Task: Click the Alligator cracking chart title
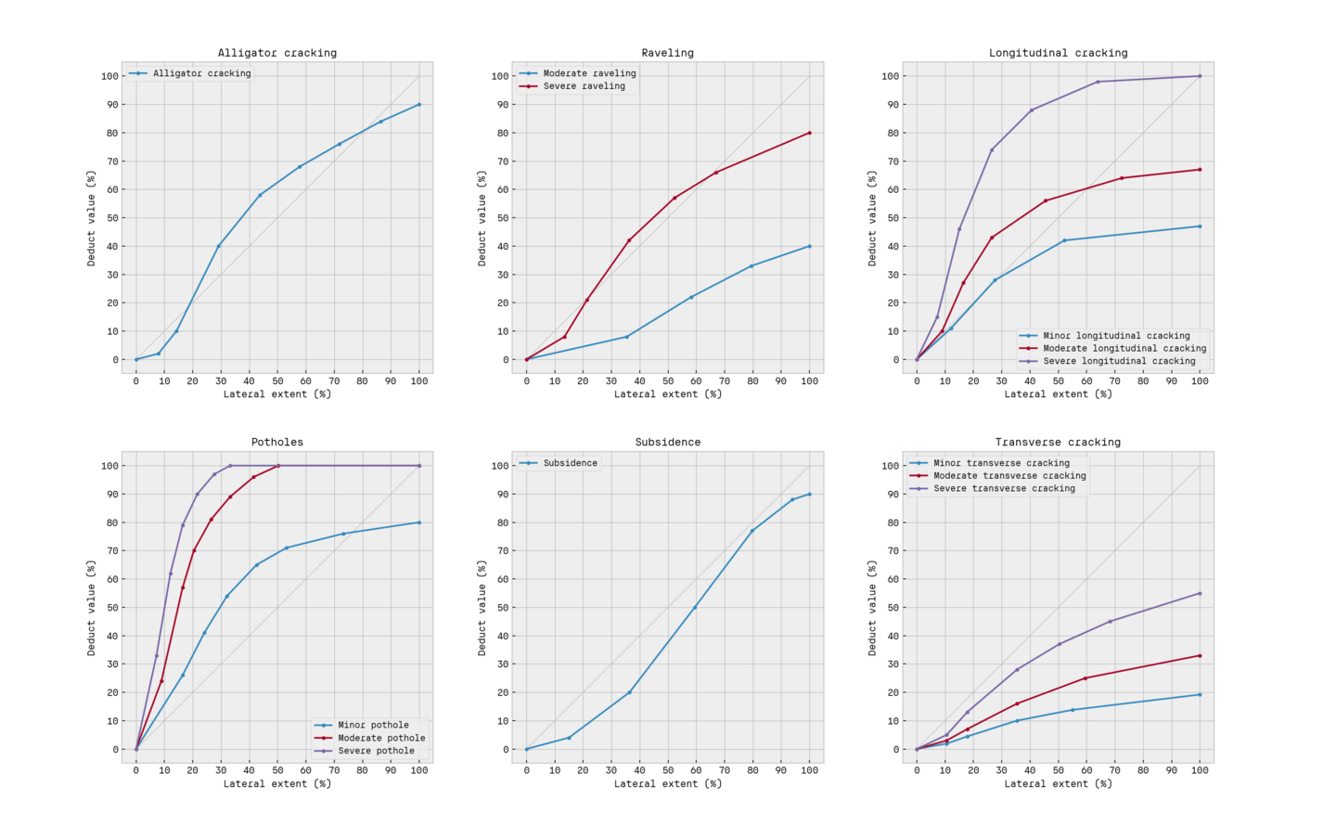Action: pyautogui.click(x=277, y=53)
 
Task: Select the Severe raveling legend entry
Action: pyautogui.click(x=584, y=86)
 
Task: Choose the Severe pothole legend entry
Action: pyautogui.click(x=376, y=751)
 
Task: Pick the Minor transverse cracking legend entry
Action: pyautogui.click(x=1001, y=463)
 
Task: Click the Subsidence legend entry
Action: pyautogui.click(x=570, y=463)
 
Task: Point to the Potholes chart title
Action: pyautogui.click(x=277, y=443)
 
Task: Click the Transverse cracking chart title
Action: pyautogui.click(x=1058, y=443)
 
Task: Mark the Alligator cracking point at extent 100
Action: pyautogui.click(x=419, y=104)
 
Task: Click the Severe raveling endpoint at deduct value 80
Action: pyautogui.click(x=810, y=133)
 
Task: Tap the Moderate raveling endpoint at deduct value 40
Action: pyautogui.click(x=810, y=246)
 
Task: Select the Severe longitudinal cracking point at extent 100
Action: pyautogui.click(x=1200, y=76)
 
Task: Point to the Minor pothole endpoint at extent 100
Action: pyautogui.click(x=419, y=522)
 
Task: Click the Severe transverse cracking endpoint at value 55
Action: pyautogui.click(x=1200, y=593)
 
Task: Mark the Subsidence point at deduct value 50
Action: pyautogui.click(x=695, y=608)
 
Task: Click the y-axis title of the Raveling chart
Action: pyautogui.click(x=482, y=218)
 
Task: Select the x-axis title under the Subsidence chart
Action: pyautogui.click(x=668, y=784)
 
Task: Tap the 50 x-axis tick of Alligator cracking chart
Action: pyautogui.click(x=277, y=381)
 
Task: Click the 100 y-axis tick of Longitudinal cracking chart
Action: pyautogui.click(x=888, y=76)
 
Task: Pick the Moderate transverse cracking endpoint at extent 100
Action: pyautogui.click(x=1200, y=656)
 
